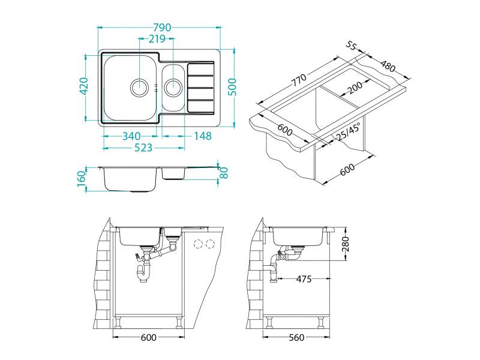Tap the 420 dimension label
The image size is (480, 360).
(x=84, y=87)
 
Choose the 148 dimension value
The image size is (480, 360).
(x=203, y=136)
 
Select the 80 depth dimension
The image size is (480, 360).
(x=224, y=172)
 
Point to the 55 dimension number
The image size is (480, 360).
(x=352, y=46)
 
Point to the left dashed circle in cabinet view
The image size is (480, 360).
(x=198, y=244)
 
